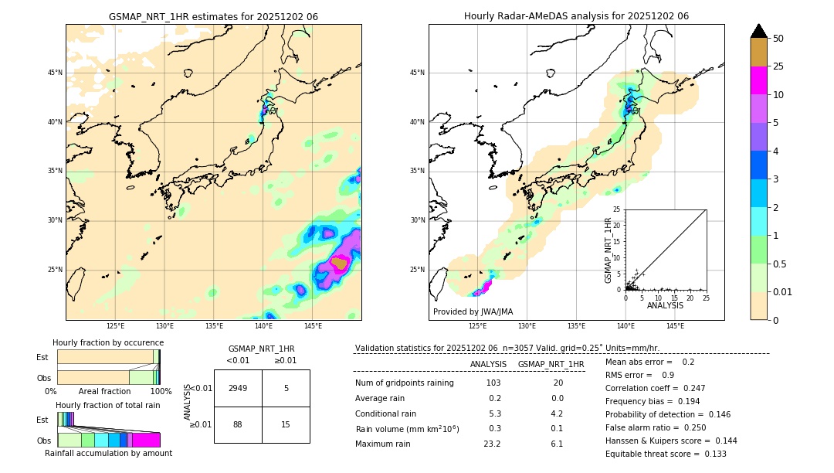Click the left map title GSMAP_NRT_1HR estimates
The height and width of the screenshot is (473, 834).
pos(213,16)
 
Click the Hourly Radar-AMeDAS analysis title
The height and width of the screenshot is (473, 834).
pos(576,16)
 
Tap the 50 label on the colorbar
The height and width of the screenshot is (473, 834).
pos(778,38)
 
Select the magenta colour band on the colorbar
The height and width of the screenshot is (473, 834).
pos(758,80)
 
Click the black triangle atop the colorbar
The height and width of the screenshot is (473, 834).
pos(758,31)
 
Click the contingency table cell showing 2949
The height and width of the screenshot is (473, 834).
pos(238,388)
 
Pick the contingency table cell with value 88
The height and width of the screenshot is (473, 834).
pos(238,424)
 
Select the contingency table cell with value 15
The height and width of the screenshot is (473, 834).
pos(286,424)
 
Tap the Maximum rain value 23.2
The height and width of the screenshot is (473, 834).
pos(492,444)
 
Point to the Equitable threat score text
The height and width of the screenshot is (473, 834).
pos(666,454)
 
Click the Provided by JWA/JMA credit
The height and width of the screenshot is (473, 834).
pos(473,311)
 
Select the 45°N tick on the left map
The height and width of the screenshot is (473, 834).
pos(55,73)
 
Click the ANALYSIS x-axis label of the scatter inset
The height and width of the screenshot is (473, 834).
pos(665,305)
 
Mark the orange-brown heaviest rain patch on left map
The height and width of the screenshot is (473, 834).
pos(339,264)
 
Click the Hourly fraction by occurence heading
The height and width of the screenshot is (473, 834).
pos(108,342)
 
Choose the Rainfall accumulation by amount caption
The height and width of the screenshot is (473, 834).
pos(109,453)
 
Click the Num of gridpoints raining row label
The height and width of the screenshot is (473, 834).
pos(404,383)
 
